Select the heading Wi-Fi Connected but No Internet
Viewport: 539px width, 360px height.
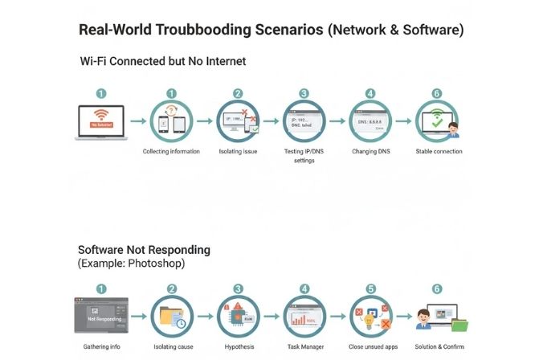[163, 62]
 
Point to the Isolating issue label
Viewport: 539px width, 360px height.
[238, 151]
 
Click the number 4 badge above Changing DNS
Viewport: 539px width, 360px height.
[370, 94]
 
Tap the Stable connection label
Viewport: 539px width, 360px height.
[439, 151]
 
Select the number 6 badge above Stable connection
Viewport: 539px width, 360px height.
[436, 94]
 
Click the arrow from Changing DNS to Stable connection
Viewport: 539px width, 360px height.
[404, 121]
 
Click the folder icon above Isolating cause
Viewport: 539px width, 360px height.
[171, 316]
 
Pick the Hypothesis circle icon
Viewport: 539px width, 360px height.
[238, 316]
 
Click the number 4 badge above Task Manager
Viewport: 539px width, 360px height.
[304, 289]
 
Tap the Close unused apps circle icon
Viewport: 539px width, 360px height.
[370, 316]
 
